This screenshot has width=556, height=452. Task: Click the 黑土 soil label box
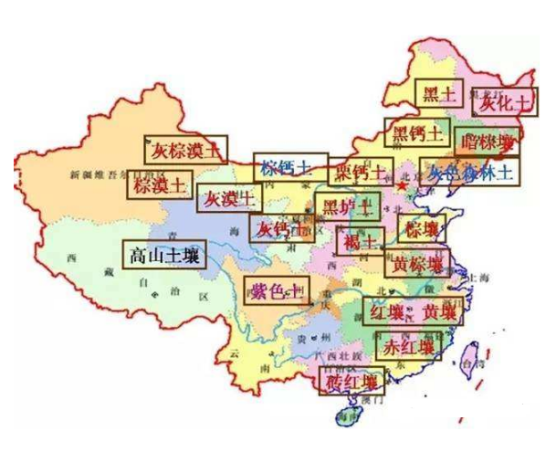coord(439,93)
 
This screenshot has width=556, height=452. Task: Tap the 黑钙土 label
coord(416,133)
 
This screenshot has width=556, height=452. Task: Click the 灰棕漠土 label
coord(186,149)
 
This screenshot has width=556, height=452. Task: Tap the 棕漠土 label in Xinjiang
coord(160,185)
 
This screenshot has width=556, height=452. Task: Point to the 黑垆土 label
coord(345,206)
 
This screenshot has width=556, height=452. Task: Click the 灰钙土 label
coord(280,227)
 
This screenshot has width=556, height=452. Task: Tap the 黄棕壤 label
coord(415,265)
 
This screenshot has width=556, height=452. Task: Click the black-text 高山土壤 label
coord(164,254)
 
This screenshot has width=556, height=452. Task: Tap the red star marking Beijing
coord(402,185)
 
